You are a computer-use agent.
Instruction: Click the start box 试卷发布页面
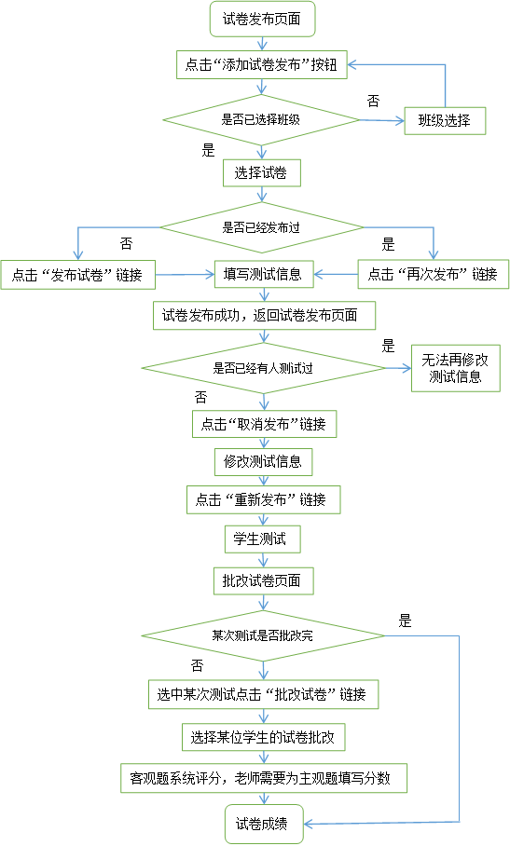(262, 20)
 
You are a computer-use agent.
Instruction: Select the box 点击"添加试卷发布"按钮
(262, 64)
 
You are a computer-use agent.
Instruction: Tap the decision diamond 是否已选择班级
(261, 120)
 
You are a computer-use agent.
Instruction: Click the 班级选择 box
(445, 120)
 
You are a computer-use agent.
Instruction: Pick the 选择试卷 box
(262, 173)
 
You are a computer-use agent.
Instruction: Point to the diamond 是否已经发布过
(262, 227)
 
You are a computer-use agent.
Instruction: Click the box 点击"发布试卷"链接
(77, 275)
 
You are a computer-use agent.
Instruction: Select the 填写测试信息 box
(264, 274)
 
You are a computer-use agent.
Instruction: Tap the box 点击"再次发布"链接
(434, 274)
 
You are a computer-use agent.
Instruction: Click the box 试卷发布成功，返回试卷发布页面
(265, 316)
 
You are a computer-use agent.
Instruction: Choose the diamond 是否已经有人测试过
(263, 369)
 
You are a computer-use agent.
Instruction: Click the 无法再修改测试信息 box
(456, 368)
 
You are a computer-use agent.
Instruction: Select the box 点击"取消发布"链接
(265, 424)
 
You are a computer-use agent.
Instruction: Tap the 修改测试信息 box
(263, 462)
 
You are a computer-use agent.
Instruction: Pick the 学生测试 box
(262, 539)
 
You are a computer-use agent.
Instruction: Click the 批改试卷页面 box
(263, 581)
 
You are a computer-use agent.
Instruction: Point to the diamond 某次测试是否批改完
(263, 635)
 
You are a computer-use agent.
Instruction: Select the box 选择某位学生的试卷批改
(263, 737)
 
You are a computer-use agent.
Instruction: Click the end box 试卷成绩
(264, 824)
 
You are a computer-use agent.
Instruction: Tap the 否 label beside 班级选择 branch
(374, 101)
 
